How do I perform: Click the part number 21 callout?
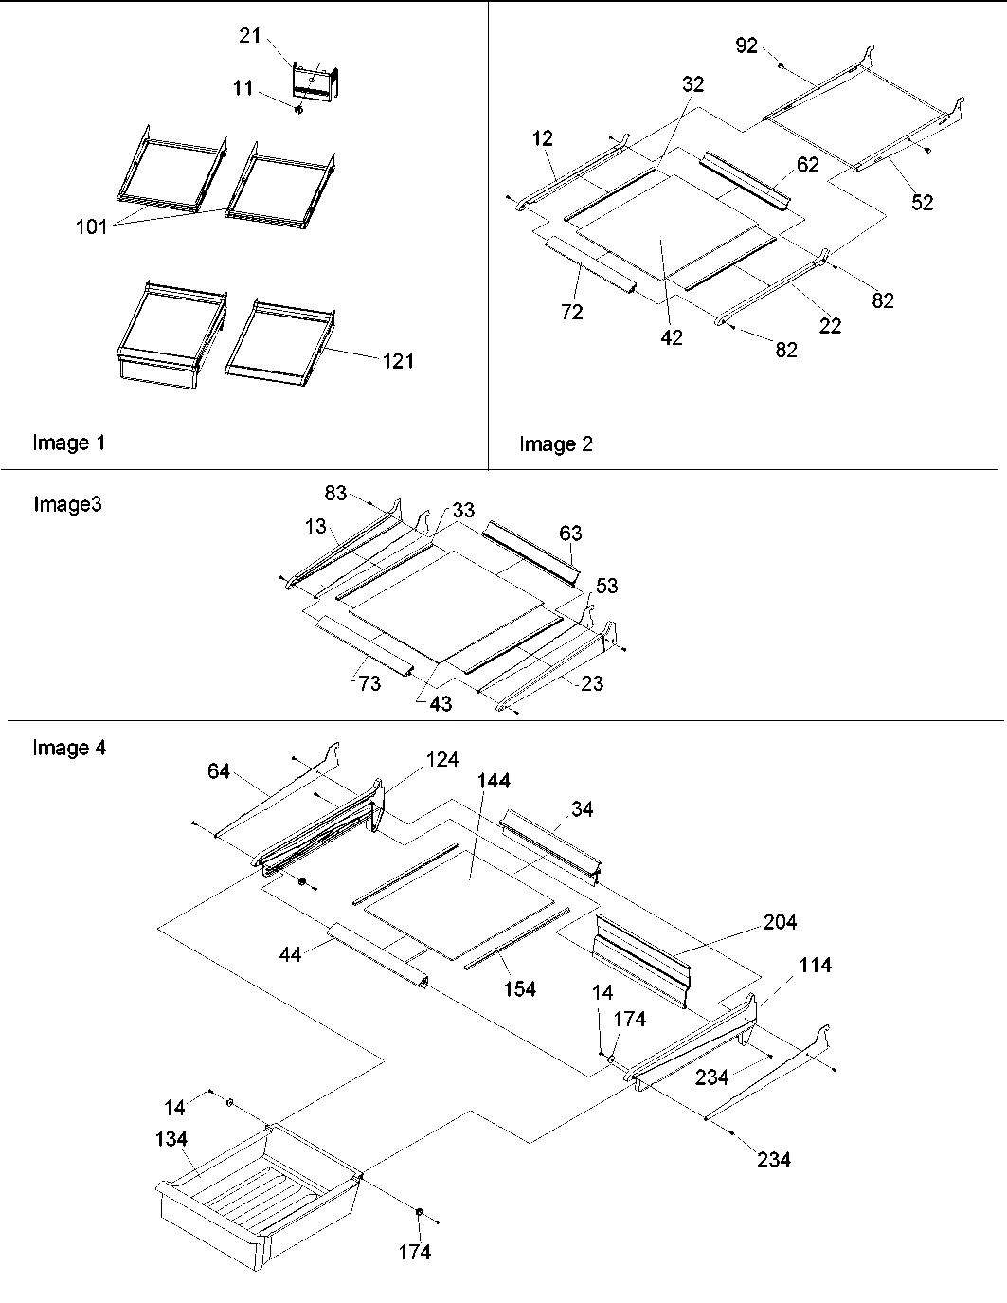[x=249, y=35]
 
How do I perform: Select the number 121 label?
[x=399, y=361]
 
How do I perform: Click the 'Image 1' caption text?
[x=69, y=443]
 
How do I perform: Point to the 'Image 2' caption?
[x=556, y=444]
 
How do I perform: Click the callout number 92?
[x=746, y=45]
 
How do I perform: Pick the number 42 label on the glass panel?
[x=672, y=337]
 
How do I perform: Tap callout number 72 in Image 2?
[x=572, y=312]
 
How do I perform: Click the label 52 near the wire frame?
[x=922, y=202]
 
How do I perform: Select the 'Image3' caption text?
[x=67, y=504]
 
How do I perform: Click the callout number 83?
[x=336, y=494]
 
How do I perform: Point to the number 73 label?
[x=369, y=682]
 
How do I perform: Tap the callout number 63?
[x=570, y=534]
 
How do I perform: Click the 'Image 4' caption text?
[x=69, y=749]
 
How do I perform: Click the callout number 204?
[x=780, y=922]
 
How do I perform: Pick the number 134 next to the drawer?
[x=171, y=1139]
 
